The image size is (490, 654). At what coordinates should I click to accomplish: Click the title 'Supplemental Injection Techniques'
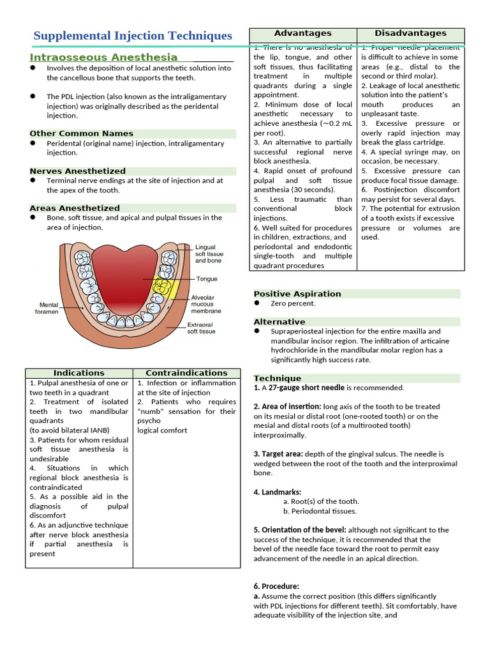click(132, 36)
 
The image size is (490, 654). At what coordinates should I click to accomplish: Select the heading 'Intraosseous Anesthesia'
click(103, 57)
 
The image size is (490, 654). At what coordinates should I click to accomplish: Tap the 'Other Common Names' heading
click(81, 133)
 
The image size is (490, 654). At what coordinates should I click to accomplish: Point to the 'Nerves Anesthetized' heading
click(77, 171)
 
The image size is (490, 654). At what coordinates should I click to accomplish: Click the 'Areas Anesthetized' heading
click(74, 208)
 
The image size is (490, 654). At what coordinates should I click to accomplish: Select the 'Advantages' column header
click(302, 33)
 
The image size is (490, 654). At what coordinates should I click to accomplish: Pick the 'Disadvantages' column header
click(410, 33)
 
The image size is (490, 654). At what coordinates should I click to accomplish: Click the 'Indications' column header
click(78, 373)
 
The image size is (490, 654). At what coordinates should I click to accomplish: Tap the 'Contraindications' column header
click(186, 373)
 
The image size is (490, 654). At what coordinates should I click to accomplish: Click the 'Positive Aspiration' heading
click(297, 294)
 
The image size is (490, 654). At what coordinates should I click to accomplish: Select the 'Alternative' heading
click(279, 322)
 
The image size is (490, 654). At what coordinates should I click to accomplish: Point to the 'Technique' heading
click(277, 378)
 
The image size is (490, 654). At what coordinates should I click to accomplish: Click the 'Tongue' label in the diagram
click(206, 279)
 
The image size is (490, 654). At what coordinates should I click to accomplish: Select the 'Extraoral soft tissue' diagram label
click(201, 328)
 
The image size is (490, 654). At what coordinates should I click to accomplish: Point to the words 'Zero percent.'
click(293, 303)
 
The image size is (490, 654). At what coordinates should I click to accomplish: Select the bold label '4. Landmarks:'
click(277, 492)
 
